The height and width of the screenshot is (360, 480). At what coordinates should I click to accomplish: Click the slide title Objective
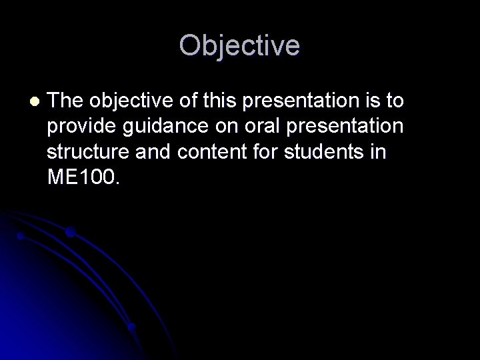(x=239, y=45)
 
